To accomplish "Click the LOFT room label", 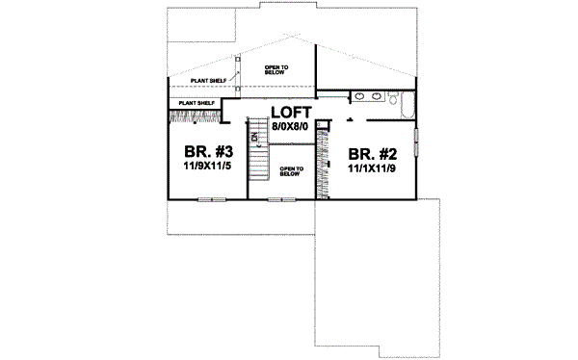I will click(290, 111).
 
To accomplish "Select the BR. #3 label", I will click(206, 153).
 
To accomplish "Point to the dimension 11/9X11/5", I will click(206, 167).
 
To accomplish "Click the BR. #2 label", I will click(370, 153).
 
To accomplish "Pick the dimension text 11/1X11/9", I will click(370, 167).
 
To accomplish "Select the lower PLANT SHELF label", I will click(196, 102).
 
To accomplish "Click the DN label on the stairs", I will click(255, 138).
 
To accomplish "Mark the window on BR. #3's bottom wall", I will click(211, 199).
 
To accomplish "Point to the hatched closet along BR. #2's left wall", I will click(322, 169).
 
